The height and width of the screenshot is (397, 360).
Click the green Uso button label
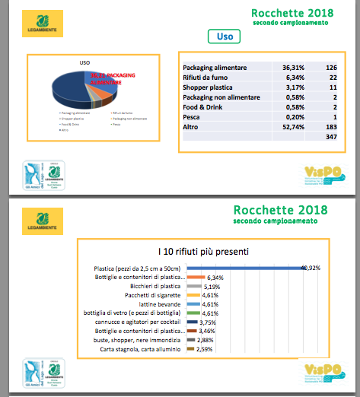[225, 36]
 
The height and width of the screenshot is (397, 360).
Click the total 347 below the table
[330, 137]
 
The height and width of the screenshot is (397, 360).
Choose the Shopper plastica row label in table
[212, 87]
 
